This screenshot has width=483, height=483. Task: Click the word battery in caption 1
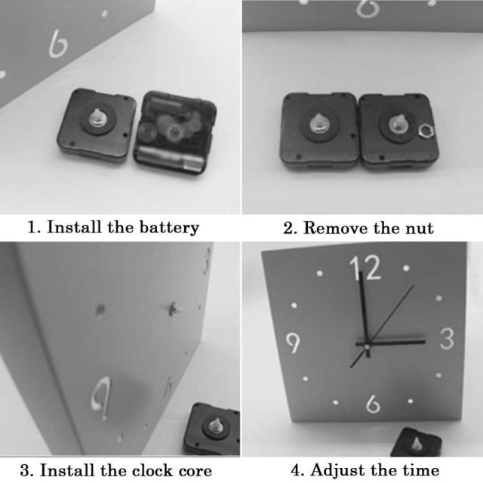point(169,228)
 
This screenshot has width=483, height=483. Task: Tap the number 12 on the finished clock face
point(365,267)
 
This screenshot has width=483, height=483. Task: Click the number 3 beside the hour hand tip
point(447,339)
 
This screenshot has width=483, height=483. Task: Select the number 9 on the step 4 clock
point(293,343)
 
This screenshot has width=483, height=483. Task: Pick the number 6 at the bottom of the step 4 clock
point(373,404)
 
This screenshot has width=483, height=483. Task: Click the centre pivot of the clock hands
point(368,347)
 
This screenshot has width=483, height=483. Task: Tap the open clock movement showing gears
point(175,132)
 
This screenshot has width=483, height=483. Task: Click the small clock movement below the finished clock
point(416,442)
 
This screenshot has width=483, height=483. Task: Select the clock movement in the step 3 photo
point(212,429)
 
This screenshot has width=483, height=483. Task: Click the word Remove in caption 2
point(337,228)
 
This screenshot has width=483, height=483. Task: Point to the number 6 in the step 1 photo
point(58,44)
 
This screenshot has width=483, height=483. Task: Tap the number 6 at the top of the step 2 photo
point(368,8)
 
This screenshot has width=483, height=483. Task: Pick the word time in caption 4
point(420,471)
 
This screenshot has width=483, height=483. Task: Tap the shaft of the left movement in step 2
point(318,122)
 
